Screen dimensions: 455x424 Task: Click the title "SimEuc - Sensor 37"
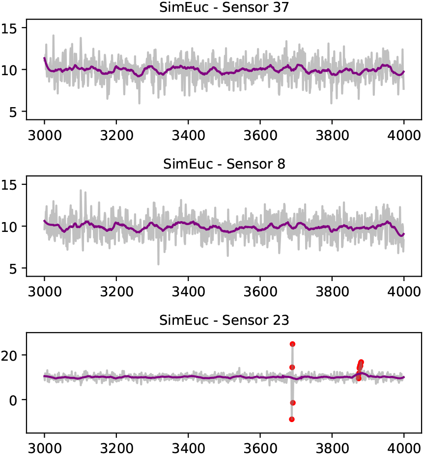click(224, 7)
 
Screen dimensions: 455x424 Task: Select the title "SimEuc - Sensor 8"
click(224, 164)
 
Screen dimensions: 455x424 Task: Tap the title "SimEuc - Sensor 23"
click(224, 320)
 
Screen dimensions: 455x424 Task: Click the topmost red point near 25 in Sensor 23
click(292, 344)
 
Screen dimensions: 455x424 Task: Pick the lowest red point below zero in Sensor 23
click(292, 419)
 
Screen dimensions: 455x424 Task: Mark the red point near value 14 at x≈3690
click(292, 367)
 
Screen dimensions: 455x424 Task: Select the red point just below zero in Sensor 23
click(293, 402)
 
